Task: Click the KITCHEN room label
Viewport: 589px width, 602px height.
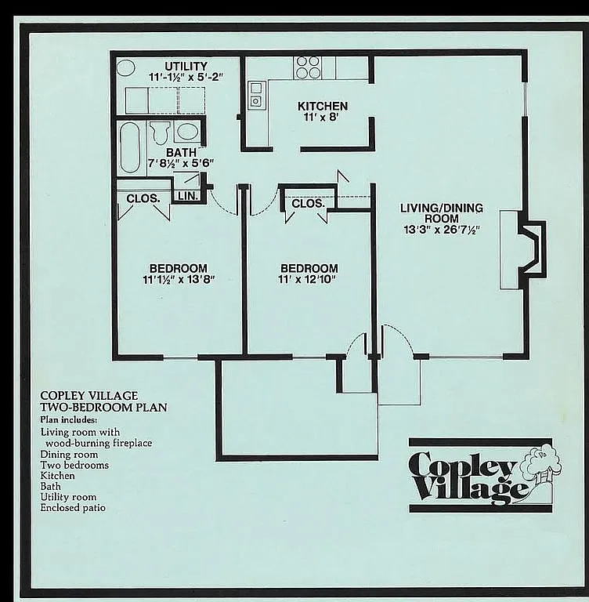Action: [322, 106]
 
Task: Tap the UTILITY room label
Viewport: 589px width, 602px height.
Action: [186, 65]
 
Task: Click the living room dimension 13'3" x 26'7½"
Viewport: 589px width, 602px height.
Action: [441, 230]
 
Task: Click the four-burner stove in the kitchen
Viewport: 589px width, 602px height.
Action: [308, 67]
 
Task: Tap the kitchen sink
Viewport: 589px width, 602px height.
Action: [255, 95]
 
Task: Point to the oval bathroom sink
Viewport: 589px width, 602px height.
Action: [187, 131]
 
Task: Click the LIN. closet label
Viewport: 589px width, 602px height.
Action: [187, 196]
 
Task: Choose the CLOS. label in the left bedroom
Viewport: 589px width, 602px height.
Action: [143, 198]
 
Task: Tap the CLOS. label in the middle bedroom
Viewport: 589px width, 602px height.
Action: [308, 204]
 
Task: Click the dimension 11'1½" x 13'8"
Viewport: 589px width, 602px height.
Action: [179, 279]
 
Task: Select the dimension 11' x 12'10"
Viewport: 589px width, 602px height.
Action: [309, 279]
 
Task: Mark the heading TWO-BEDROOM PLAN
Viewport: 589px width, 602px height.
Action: [103, 408]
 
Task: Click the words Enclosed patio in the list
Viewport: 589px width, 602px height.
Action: [73, 508]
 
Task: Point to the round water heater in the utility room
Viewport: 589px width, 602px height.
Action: [125, 67]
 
